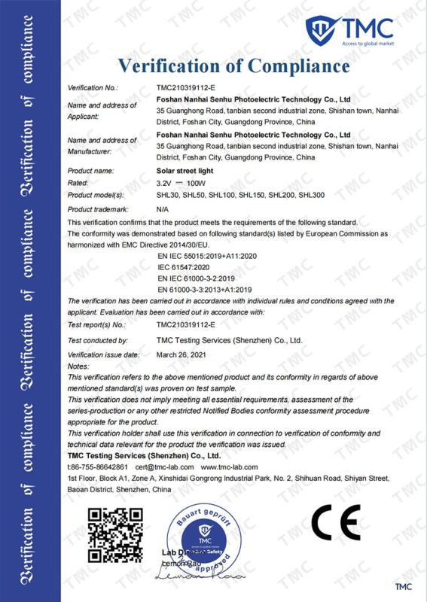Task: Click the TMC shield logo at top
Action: [319, 30]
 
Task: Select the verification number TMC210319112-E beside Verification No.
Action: [185, 88]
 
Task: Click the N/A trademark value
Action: [162, 208]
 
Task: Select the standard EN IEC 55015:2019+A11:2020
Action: [206, 256]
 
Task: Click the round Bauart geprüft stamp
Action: [203, 540]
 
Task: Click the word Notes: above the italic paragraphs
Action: [78, 366]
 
